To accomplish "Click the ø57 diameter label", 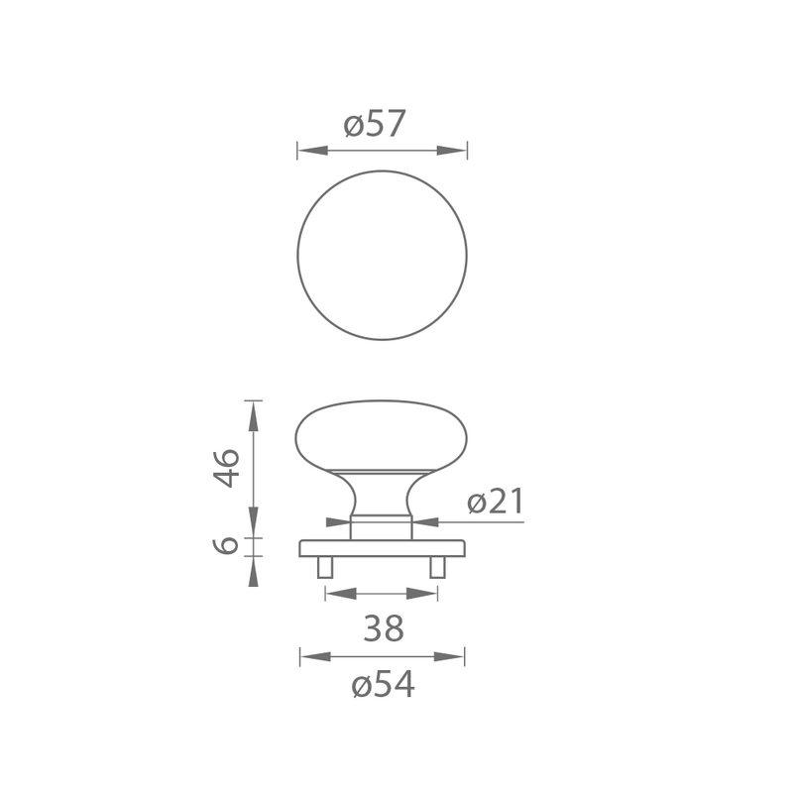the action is pos(375,124).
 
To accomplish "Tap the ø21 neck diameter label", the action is pos(496,502).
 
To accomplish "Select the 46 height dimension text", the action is pos(226,468).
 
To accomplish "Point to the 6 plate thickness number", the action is pos(225,545).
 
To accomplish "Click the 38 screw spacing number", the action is pos(384,628).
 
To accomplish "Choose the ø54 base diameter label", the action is pos(383,685).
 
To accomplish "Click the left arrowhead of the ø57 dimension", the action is pos(313,151).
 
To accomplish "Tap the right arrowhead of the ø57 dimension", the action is pos(452,151).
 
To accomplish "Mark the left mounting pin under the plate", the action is pos(325,567).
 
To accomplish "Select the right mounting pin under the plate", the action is pos(437,567).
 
